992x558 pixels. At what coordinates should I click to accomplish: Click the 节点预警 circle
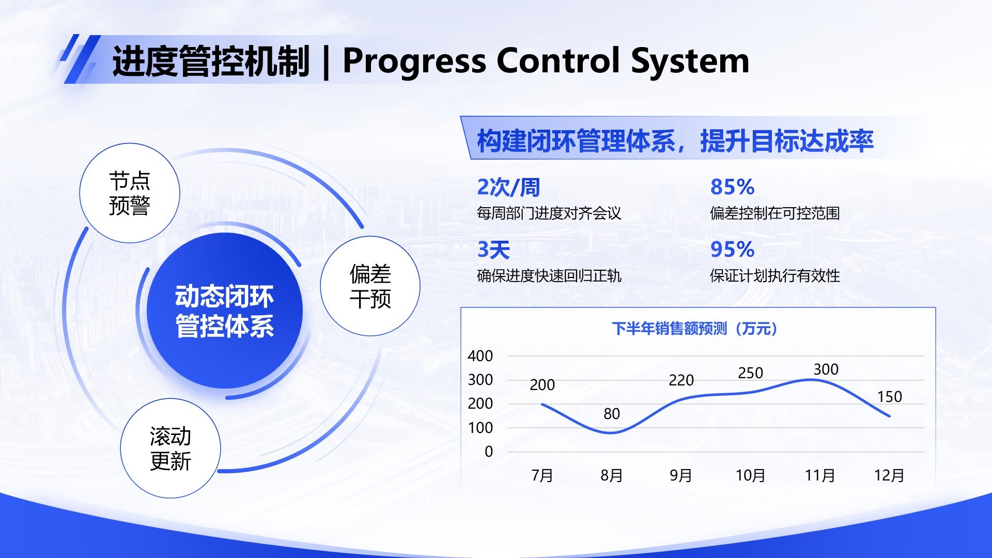[129, 193]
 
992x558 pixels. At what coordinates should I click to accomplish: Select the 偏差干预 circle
[370, 286]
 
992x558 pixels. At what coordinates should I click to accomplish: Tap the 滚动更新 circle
[170, 448]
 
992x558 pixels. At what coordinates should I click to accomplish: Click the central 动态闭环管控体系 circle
[224, 311]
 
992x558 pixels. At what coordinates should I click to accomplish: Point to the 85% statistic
[732, 187]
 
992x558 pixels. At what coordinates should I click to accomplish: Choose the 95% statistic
[732, 250]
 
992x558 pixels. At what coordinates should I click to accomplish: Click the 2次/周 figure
[508, 187]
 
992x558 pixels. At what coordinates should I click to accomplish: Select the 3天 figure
[493, 250]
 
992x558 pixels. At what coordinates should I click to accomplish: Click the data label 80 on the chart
[611, 414]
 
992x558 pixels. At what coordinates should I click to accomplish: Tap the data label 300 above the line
[826, 369]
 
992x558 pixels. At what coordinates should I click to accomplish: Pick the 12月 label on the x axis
[889, 475]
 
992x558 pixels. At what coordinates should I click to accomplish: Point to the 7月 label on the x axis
[542, 475]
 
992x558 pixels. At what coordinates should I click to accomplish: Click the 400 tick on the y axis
[480, 356]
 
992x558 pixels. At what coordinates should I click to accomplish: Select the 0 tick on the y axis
[488, 452]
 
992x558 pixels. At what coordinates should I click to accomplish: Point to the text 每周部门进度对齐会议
[549, 213]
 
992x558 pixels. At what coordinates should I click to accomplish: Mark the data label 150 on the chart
[889, 397]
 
